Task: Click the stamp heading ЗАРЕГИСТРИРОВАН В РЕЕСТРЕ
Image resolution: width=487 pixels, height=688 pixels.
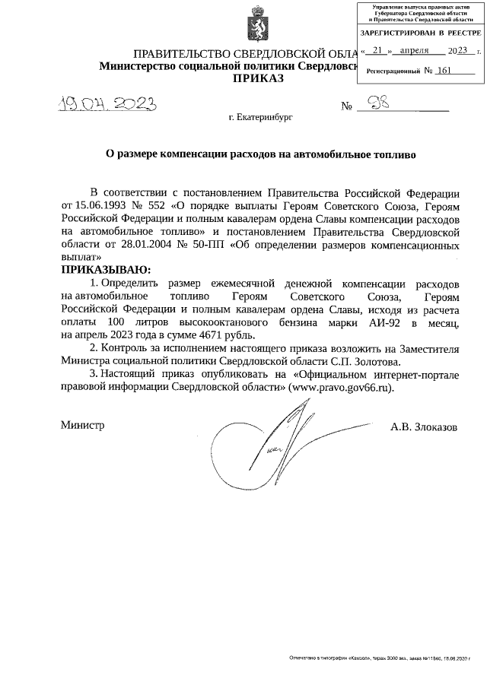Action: (420, 33)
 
